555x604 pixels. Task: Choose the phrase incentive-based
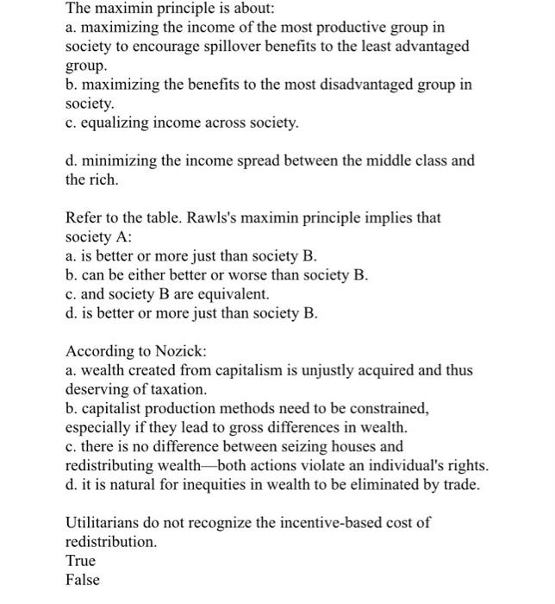327,523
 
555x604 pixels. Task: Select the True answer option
81,561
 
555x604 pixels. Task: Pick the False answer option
83,580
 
